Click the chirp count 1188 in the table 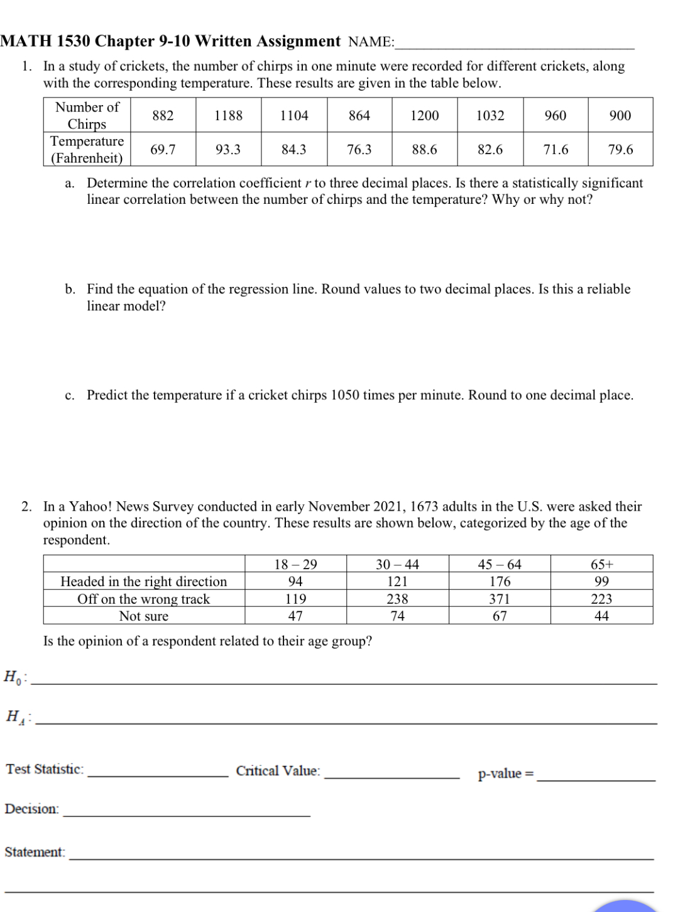tap(228, 116)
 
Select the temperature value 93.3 tap(228, 150)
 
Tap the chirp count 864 tap(359, 116)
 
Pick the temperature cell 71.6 tap(556, 150)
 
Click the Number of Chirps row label tap(87, 116)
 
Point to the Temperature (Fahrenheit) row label tap(87, 150)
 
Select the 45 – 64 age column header tap(500, 564)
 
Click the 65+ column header tap(601, 564)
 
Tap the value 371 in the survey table tap(500, 599)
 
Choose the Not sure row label tap(144, 616)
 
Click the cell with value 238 tap(397, 599)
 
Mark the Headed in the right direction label tap(144, 582)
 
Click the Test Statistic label tap(45, 769)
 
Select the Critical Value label tap(278, 771)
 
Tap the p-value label tap(505, 774)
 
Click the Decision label tap(32, 809)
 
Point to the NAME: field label tap(371, 42)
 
